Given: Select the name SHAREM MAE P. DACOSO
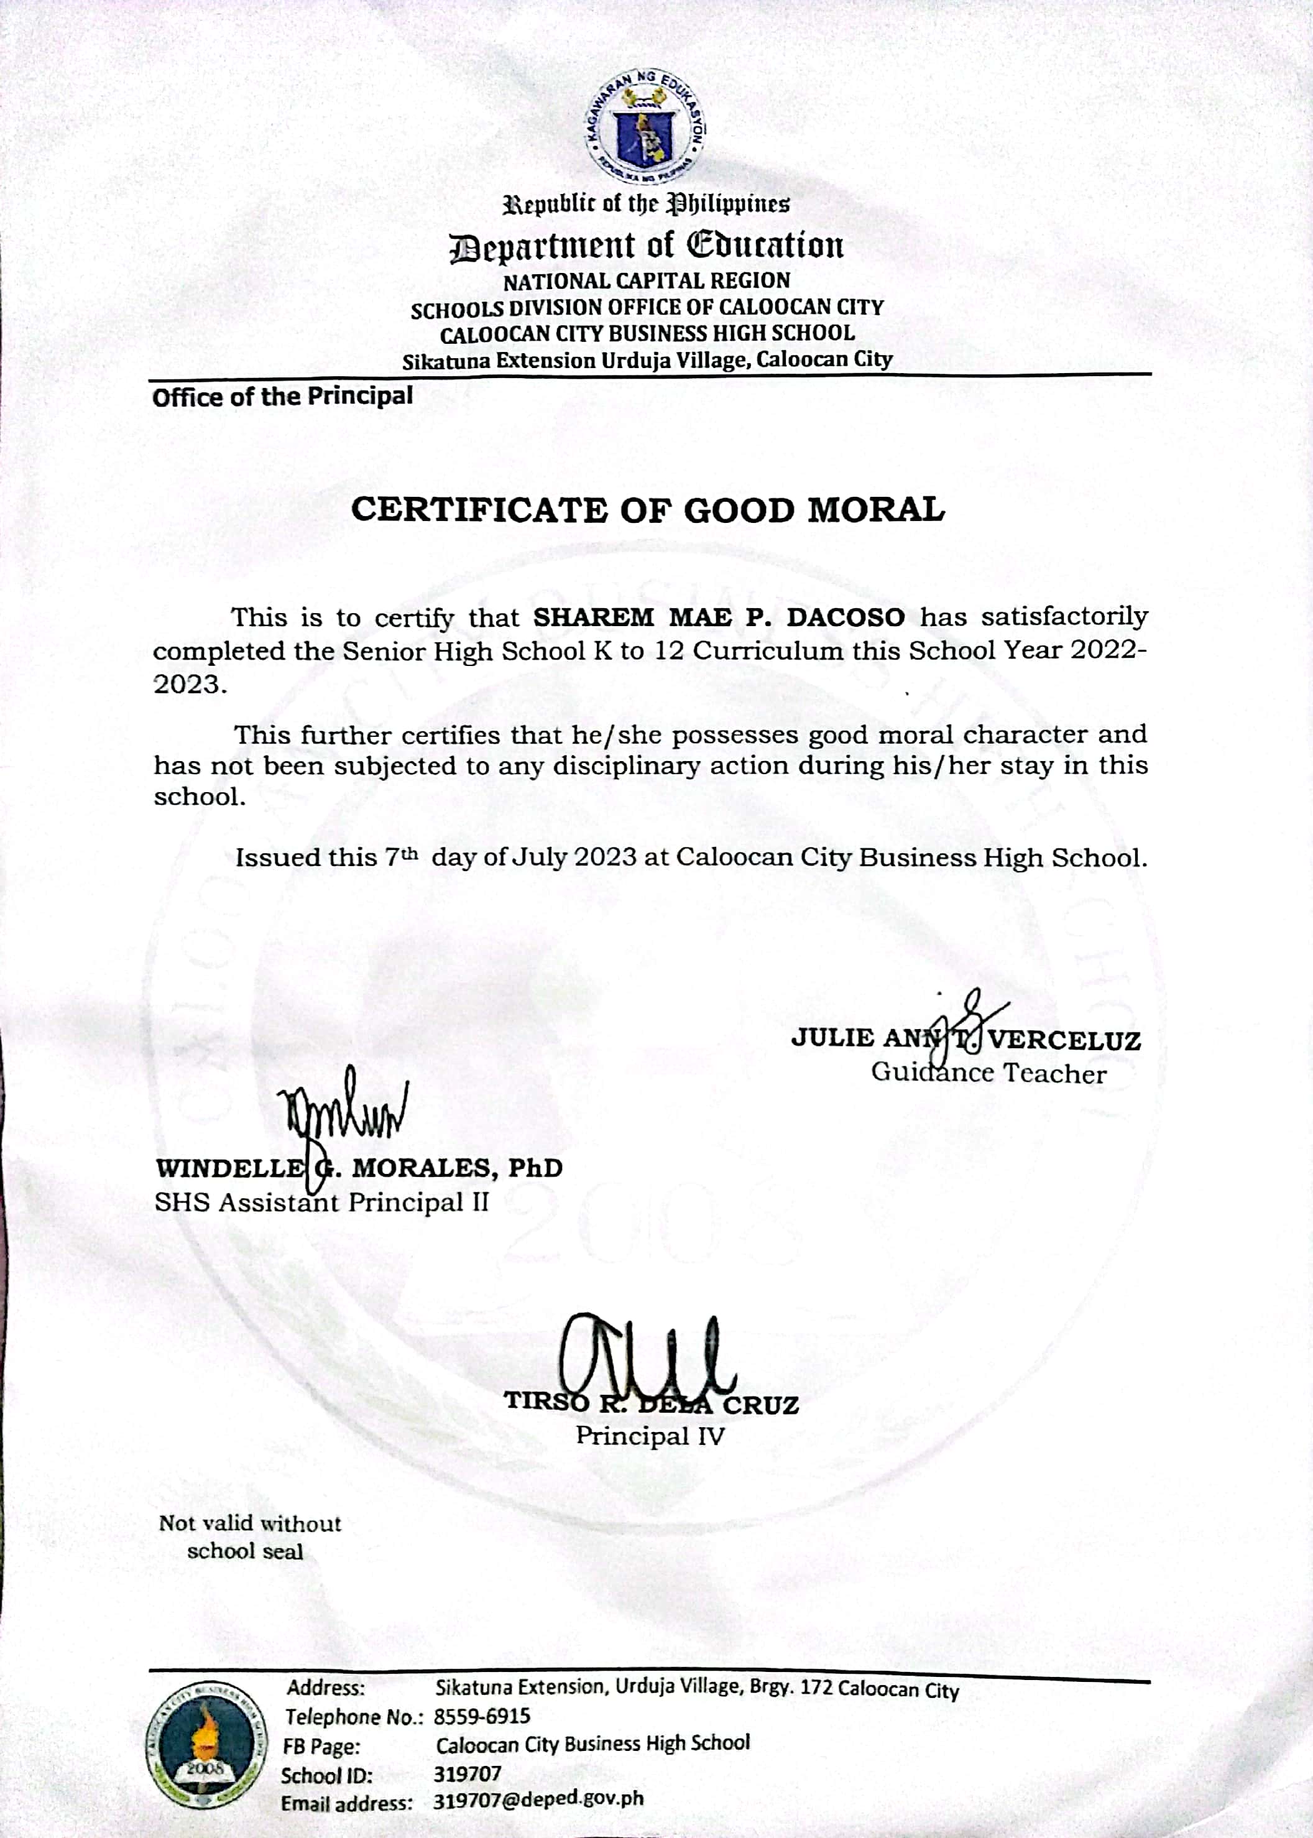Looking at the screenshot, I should point(719,618).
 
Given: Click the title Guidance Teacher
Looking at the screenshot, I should point(988,1074).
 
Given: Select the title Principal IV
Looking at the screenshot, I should point(650,1436).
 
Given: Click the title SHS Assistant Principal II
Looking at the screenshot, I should point(322,1203).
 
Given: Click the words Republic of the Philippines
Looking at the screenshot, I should point(647,204).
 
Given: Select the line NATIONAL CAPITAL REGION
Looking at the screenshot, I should point(647,282).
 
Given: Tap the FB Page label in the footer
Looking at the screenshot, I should point(321,1746).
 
